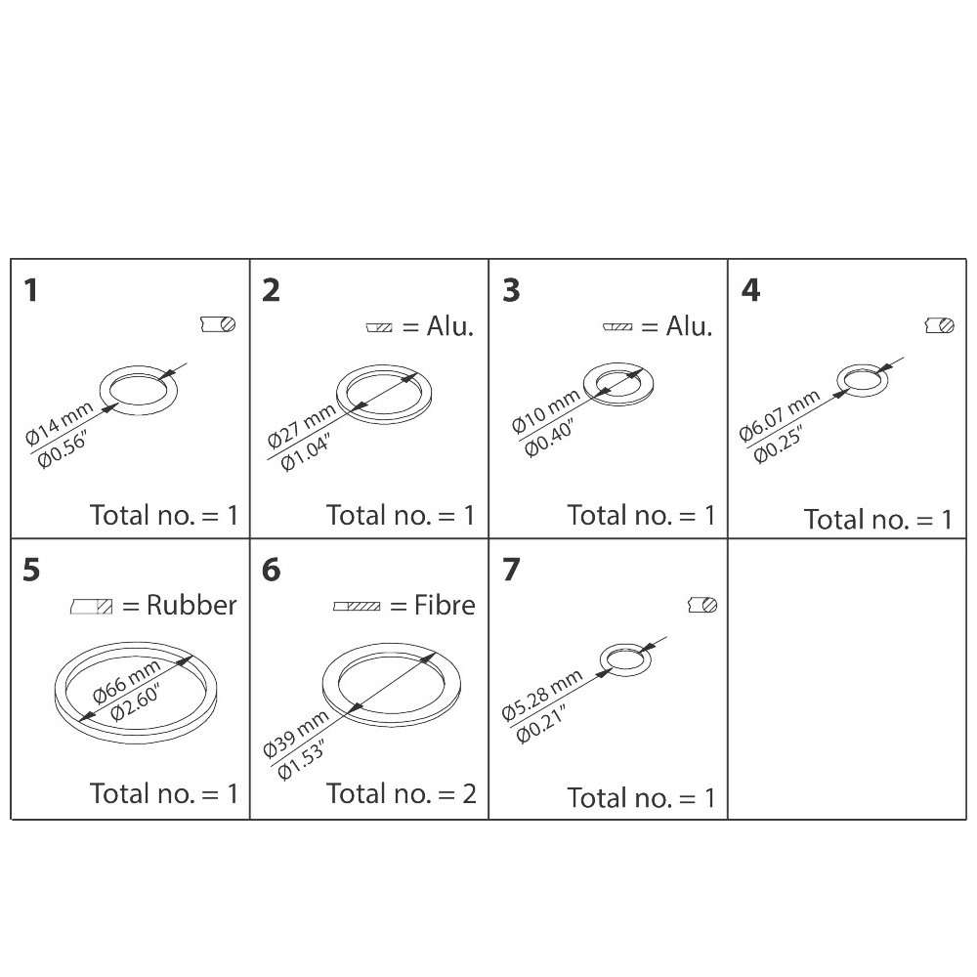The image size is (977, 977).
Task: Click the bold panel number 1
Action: [x=30, y=290]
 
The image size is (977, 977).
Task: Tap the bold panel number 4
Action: [x=750, y=290]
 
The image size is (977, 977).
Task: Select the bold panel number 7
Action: [x=511, y=570]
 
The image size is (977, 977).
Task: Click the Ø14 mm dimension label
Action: [x=60, y=424]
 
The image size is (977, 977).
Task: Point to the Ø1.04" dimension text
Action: [x=305, y=452]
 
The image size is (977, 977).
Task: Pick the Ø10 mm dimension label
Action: [x=546, y=412]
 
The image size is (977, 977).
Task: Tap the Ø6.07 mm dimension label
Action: [x=779, y=416]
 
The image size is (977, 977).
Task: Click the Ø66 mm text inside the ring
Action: [x=126, y=682]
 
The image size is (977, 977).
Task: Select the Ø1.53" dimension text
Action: [x=301, y=761]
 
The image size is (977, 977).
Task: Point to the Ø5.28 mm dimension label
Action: [x=542, y=696]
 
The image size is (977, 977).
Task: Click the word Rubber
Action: [x=191, y=605]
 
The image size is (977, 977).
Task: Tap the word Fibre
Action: [x=445, y=605]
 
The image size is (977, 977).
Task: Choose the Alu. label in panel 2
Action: [x=449, y=326]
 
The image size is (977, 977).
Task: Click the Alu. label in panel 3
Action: [x=689, y=326]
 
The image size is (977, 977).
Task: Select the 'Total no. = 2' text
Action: [x=402, y=793]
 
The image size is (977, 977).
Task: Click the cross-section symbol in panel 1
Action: [x=218, y=324]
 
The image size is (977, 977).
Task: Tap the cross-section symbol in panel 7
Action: [x=702, y=605]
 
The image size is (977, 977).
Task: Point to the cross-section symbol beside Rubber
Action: [x=92, y=607]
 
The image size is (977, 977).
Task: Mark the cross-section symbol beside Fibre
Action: [x=357, y=607]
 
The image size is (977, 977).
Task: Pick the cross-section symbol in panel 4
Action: [x=940, y=325]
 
